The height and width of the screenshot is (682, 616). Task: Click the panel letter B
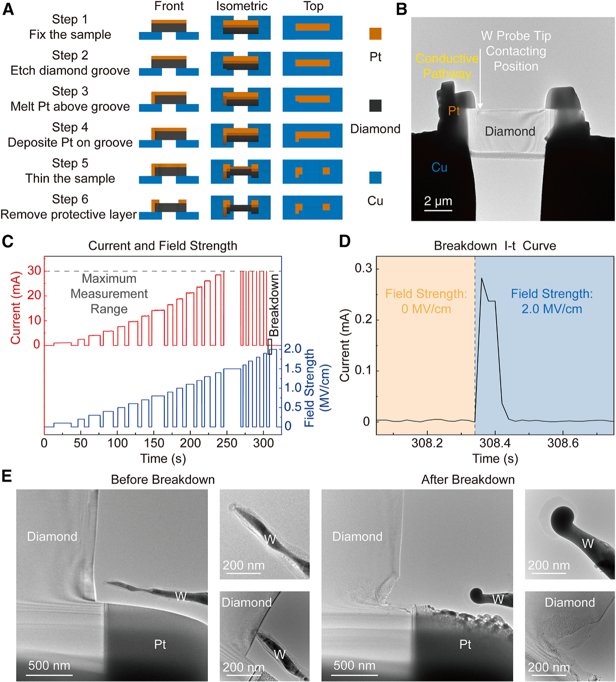coord(401,9)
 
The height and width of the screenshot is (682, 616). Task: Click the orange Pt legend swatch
coord(375,33)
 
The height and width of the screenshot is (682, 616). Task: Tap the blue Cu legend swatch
coord(375,177)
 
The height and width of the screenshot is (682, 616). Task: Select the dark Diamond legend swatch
coord(375,105)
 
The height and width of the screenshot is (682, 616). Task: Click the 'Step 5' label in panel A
coord(70,163)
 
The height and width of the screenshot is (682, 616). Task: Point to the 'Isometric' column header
coord(242,6)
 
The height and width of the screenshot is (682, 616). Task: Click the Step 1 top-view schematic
coord(313,27)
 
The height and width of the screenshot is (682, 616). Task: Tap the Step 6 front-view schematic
coord(169,209)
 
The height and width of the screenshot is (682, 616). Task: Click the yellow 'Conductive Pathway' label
coord(447,66)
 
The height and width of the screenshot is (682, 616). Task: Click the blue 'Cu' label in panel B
coord(439,167)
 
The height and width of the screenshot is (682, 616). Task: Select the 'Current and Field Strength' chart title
coord(162,246)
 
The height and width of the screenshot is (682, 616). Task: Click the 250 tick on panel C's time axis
coord(227,443)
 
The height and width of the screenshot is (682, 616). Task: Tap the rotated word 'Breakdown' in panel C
coord(274,305)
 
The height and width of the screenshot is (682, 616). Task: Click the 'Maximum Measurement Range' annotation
coord(109,294)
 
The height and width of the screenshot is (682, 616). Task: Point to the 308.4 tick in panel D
coord(495,443)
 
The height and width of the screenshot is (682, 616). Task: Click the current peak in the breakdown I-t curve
coord(482,278)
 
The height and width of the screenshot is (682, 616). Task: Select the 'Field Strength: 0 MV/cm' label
coord(426,301)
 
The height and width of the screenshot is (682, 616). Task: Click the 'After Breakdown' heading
coord(468,480)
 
